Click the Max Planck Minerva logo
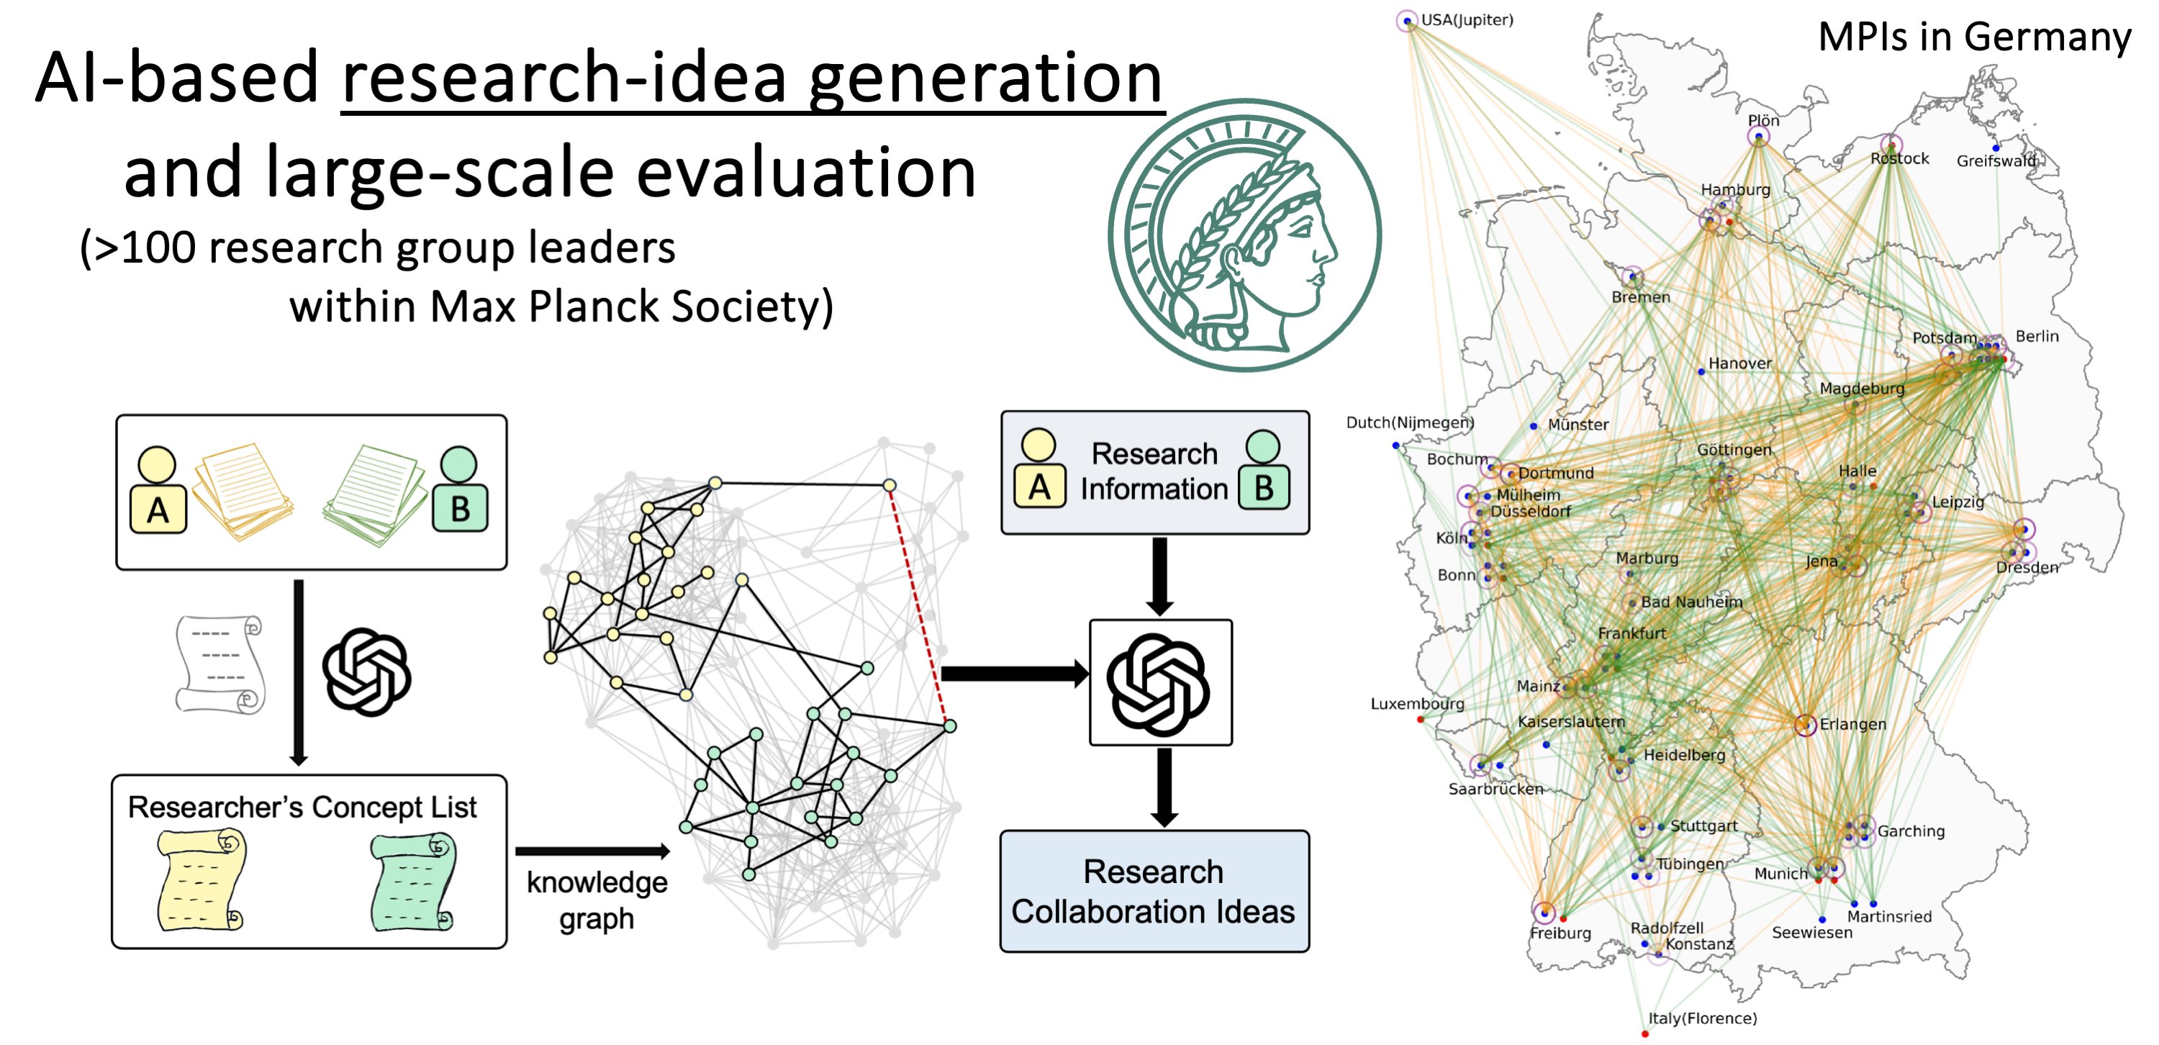pos(1244,235)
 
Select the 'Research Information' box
pos(1154,472)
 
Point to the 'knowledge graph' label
pos(597,900)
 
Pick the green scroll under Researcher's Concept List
pos(413,880)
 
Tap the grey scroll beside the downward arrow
pos(219,664)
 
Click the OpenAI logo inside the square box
pos(1159,684)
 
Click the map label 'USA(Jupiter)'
pos(1467,19)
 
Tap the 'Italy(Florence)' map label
pos(1702,1018)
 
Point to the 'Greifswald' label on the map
pos(1996,161)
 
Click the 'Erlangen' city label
pos(1852,724)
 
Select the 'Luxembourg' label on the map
pos(1417,704)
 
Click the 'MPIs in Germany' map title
pos(1974,37)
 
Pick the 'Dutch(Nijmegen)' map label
pos(1410,422)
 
